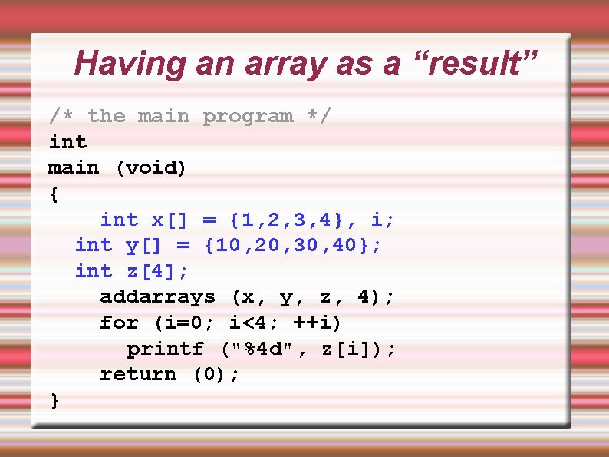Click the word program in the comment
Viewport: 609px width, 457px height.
point(248,117)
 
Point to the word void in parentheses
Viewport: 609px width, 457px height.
point(151,168)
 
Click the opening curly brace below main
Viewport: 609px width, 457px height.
point(53,194)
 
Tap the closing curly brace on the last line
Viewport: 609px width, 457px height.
point(54,400)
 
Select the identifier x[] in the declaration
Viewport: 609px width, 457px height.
point(170,220)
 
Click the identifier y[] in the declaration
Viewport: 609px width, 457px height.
point(143,246)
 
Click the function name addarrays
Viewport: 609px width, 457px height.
point(157,297)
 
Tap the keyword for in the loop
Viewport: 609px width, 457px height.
point(119,323)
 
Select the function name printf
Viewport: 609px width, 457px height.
point(165,349)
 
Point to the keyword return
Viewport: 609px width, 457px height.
point(138,374)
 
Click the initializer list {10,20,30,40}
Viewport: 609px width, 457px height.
point(291,246)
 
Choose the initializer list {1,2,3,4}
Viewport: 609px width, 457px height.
point(291,220)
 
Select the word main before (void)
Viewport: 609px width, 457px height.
point(74,168)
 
